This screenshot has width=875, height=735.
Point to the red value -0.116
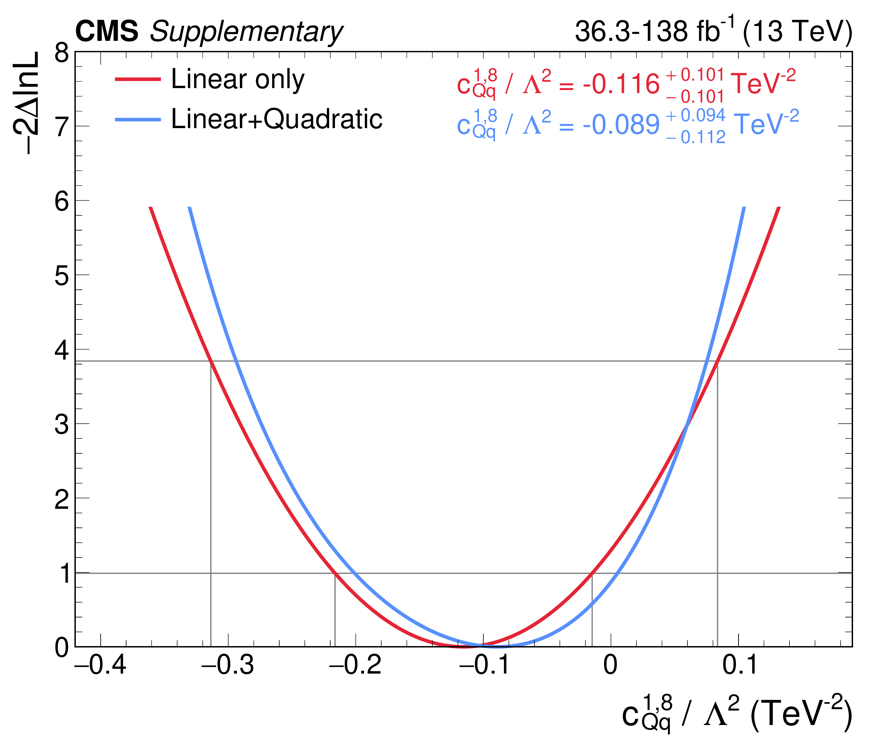coord(621,84)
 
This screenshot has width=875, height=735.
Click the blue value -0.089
coord(621,124)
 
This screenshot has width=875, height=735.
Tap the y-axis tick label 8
coord(62,53)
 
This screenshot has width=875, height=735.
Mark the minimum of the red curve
coord(463,646)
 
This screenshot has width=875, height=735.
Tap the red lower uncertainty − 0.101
coord(695,97)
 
